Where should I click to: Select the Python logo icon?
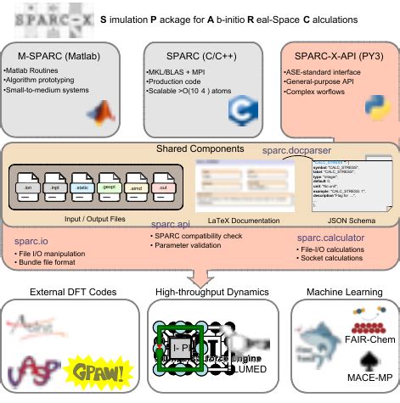click(x=373, y=109)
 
